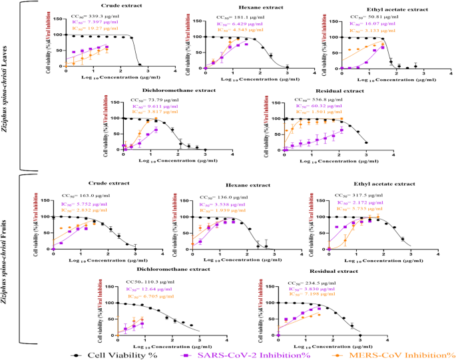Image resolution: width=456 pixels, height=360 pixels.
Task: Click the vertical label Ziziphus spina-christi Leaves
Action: coord(6,85)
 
